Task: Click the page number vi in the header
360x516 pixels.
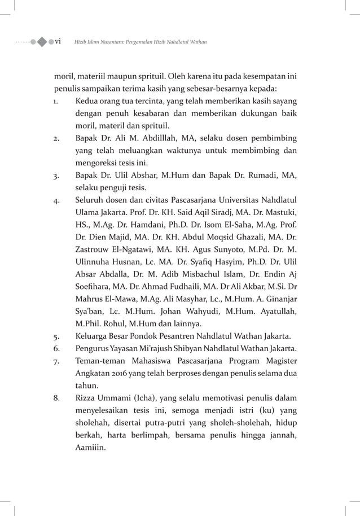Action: [58, 42]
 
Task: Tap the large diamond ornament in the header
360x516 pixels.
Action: [42, 42]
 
